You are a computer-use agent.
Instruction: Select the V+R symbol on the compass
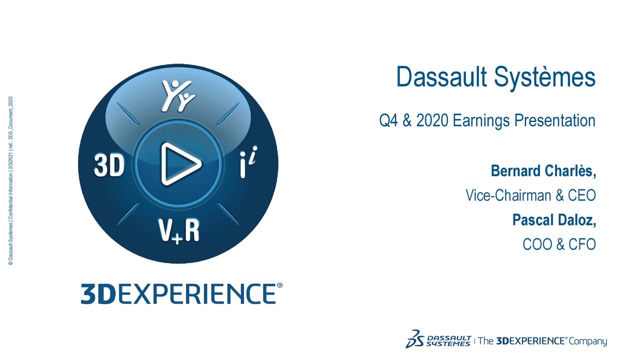[179, 231]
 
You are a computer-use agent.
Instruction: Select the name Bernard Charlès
[542, 171]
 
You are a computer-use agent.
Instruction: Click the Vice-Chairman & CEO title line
[530, 195]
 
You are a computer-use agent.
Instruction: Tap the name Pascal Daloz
[553, 220]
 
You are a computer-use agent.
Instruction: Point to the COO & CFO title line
[558, 244]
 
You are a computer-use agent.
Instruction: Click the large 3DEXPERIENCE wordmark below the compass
[177, 293]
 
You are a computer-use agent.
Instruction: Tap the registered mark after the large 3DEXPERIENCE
[279, 286]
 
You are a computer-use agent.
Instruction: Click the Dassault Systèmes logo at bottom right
[437, 338]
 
